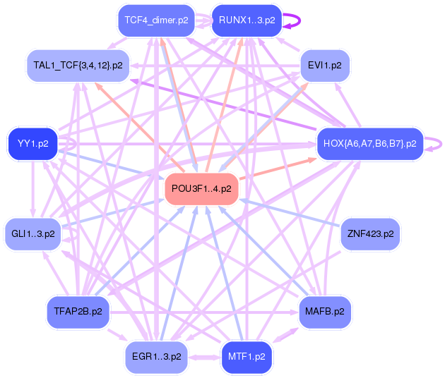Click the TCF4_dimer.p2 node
156,20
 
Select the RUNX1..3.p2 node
246,20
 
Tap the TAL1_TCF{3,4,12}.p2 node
78,65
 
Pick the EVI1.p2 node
325,65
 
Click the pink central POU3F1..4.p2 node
201,189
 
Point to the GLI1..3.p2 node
33,233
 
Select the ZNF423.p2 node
369,233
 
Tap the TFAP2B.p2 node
78,310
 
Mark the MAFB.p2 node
325,310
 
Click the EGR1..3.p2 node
156,356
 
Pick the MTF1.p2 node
247,356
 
